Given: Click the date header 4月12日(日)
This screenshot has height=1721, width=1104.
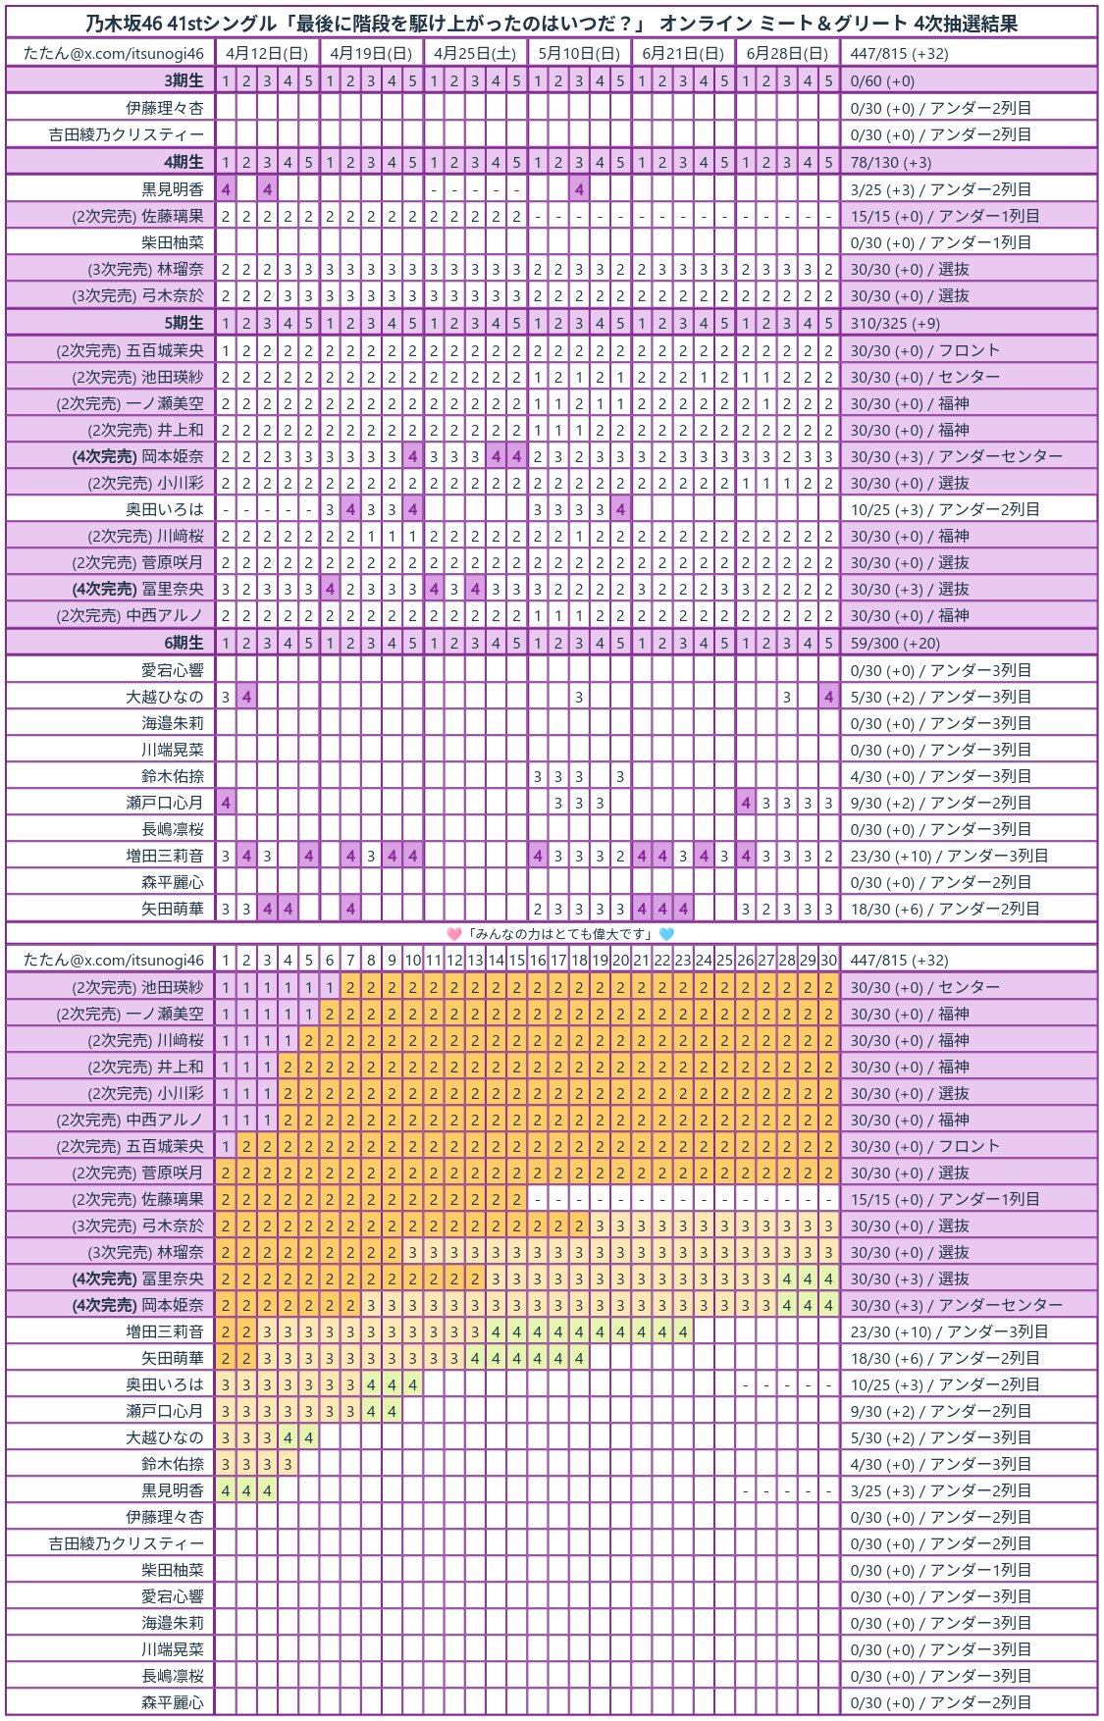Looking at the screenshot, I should [266, 53].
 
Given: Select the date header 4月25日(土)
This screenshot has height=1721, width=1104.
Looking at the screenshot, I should [475, 53].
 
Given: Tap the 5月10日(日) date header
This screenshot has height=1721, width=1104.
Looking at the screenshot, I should [579, 53].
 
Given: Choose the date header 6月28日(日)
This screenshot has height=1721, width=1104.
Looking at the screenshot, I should [787, 53].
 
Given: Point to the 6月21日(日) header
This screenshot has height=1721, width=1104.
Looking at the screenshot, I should [683, 53].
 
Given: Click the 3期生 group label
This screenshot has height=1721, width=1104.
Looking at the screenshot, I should [184, 80].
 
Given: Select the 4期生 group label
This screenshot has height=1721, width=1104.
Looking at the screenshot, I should [184, 162].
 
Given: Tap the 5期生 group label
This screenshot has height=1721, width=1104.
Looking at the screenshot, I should [184, 323].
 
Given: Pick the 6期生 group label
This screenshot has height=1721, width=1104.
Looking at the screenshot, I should [184, 643].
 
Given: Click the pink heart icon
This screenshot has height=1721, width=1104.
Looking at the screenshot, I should [453, 934].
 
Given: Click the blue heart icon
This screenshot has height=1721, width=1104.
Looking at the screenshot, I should [666, 934].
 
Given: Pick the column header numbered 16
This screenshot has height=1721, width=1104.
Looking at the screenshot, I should [538, 961].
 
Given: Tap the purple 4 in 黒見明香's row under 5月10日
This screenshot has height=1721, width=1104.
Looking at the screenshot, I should [579, 189].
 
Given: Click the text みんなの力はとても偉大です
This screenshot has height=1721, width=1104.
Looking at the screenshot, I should [560, 934].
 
